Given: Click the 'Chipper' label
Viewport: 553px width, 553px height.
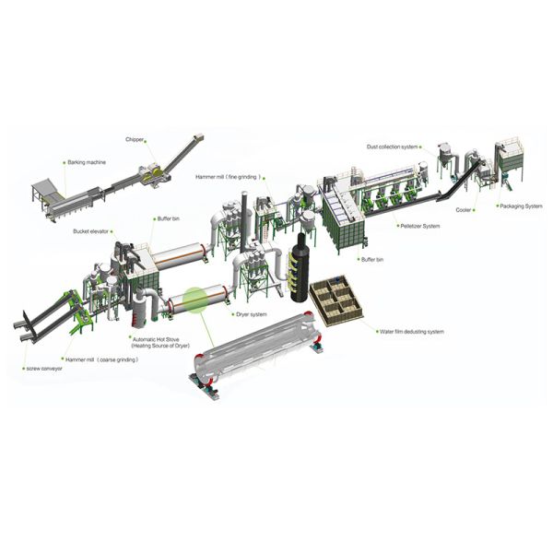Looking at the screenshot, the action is pos(135,140).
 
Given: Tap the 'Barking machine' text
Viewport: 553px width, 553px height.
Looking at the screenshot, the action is pos(87,162).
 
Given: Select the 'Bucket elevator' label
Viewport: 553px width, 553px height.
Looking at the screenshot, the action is pos(90,231).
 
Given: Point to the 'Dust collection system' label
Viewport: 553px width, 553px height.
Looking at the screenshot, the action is pos(393,147).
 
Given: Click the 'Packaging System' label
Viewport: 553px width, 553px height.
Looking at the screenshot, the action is pos(521,206).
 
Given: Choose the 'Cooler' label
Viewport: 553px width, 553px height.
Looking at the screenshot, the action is pos(464,210).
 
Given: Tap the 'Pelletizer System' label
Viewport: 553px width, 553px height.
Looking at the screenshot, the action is pos(420,226).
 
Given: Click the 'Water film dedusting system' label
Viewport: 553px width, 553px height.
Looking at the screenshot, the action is pos(412,332).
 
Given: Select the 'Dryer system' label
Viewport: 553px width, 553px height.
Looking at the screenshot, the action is pos(252,314).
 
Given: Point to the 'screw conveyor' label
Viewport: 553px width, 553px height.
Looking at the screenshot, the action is pos(44,369).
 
